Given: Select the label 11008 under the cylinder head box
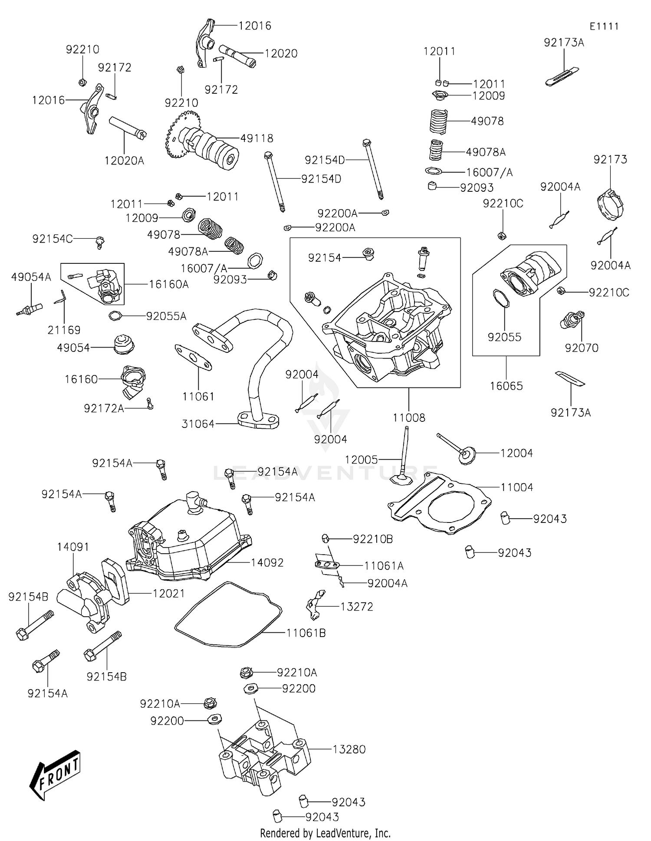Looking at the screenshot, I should (409, 417).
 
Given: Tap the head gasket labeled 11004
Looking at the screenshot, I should (438, 503).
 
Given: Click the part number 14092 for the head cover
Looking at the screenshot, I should (267, 562).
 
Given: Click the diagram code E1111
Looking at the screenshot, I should (604, 26).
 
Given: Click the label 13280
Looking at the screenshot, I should (349, 749).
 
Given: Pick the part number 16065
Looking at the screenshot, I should (506, 386).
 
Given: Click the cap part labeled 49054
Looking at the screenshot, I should (123, 345).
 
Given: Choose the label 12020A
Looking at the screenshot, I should (124, 161).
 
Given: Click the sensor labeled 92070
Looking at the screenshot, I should (572, 320).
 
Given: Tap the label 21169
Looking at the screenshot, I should (64, 330).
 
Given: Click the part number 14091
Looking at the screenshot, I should (73, 547).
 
